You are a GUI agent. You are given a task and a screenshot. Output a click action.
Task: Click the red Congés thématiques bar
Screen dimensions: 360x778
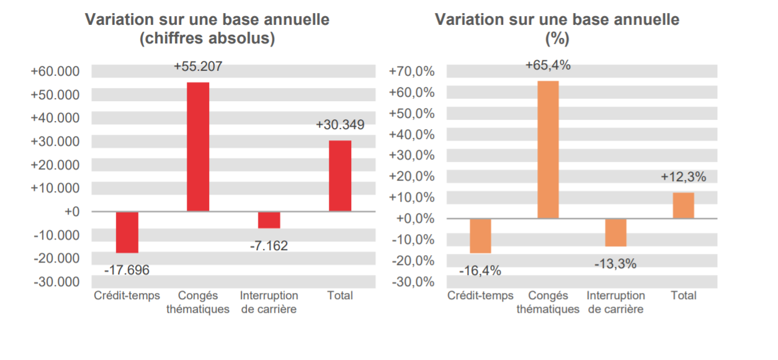(198, 147)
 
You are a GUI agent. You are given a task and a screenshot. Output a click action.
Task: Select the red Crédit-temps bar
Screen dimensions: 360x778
(127, 232)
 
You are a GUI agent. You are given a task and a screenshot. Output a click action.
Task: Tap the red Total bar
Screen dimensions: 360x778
(340, 176)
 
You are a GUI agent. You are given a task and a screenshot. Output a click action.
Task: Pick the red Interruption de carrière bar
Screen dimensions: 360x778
(269, 220)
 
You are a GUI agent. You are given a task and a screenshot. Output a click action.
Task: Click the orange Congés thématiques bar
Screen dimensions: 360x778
(548, 150)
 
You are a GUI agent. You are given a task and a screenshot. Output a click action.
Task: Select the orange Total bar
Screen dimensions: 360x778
(683, 205)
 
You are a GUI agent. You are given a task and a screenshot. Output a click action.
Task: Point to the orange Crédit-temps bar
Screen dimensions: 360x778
(480, 236)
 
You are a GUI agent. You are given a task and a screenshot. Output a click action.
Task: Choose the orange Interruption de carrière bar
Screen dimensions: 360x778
(615, 233)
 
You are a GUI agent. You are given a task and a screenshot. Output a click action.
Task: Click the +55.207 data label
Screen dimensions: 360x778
(198, 66)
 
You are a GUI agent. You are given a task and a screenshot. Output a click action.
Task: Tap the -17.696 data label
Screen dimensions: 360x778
(127, 270)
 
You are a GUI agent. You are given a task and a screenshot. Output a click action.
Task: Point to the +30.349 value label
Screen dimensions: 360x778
(340, 125)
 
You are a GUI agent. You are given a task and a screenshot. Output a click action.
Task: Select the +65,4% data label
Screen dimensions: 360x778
(548, 65)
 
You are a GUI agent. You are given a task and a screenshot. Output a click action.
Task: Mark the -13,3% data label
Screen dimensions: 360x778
(615, 264)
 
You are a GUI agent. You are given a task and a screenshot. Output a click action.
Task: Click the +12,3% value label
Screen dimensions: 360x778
(683, 177)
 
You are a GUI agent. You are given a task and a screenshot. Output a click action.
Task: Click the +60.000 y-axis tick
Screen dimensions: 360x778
(55, 71)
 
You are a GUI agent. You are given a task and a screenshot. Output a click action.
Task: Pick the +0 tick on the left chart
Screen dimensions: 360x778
(72, 212)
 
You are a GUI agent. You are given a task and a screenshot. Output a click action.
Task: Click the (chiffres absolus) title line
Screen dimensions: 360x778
(207, 39)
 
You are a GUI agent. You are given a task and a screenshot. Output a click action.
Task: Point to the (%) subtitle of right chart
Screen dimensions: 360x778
(557, 39)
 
